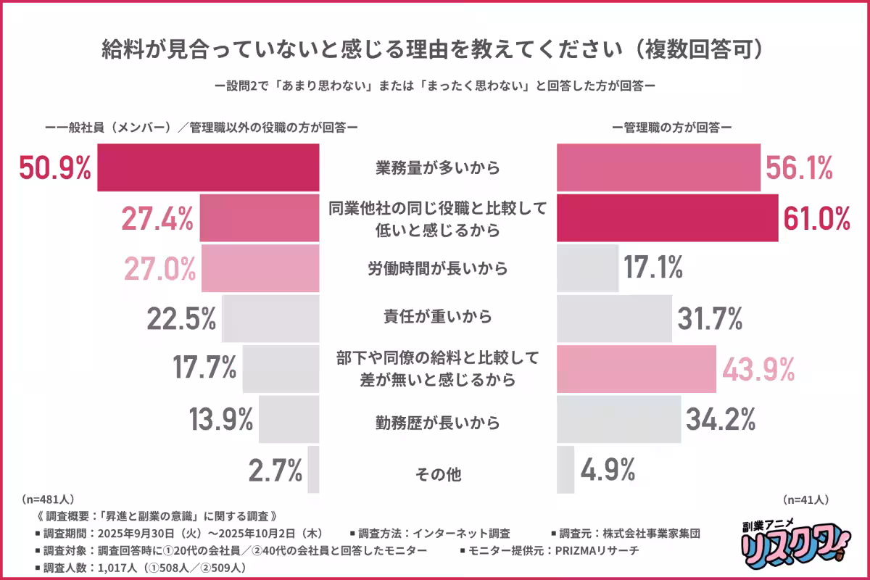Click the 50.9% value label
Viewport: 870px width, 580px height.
click(55, 168)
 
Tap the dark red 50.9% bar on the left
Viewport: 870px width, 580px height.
click(209, 168)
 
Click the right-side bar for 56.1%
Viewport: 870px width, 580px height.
click(658, 168)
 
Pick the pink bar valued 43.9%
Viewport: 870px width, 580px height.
click(637, 369)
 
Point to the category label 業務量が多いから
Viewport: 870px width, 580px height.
click(438, 168)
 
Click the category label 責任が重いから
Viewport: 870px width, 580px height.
click(438, 317)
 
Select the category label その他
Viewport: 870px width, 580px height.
click(438, 475)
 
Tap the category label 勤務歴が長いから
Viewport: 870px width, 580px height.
click(438, 420)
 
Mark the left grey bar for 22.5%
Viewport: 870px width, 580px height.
click(271, 318)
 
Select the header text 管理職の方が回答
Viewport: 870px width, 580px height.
click(671, 127)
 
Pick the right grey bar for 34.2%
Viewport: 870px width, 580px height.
click(618, 419)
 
